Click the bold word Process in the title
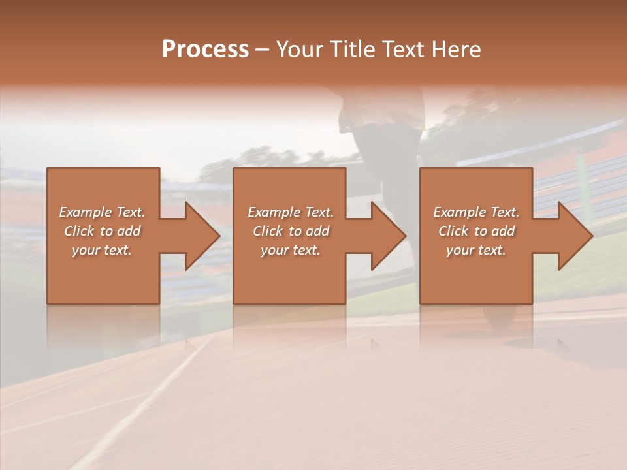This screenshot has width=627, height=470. [x=205, y=50]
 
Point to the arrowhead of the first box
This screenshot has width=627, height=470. [x=200, y=236]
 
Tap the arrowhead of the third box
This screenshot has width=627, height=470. [x=573, y=236]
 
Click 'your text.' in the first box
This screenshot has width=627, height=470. [x=102, y=250]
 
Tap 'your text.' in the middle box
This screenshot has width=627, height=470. [x=290, y=250]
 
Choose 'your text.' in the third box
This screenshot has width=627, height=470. [x=475, y=250]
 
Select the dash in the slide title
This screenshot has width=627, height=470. [x=262, y=50]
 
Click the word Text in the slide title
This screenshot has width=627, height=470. [x=399, y=50]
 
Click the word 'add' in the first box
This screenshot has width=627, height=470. [x=128, y=231]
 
